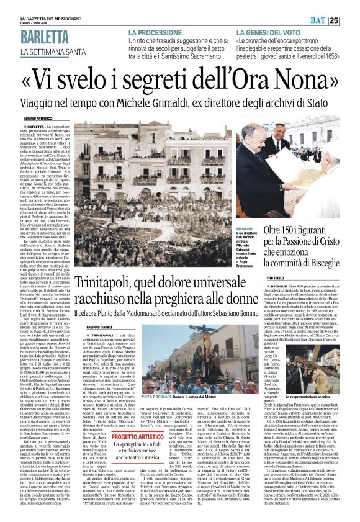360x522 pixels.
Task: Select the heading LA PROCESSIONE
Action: pos(156,32)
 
